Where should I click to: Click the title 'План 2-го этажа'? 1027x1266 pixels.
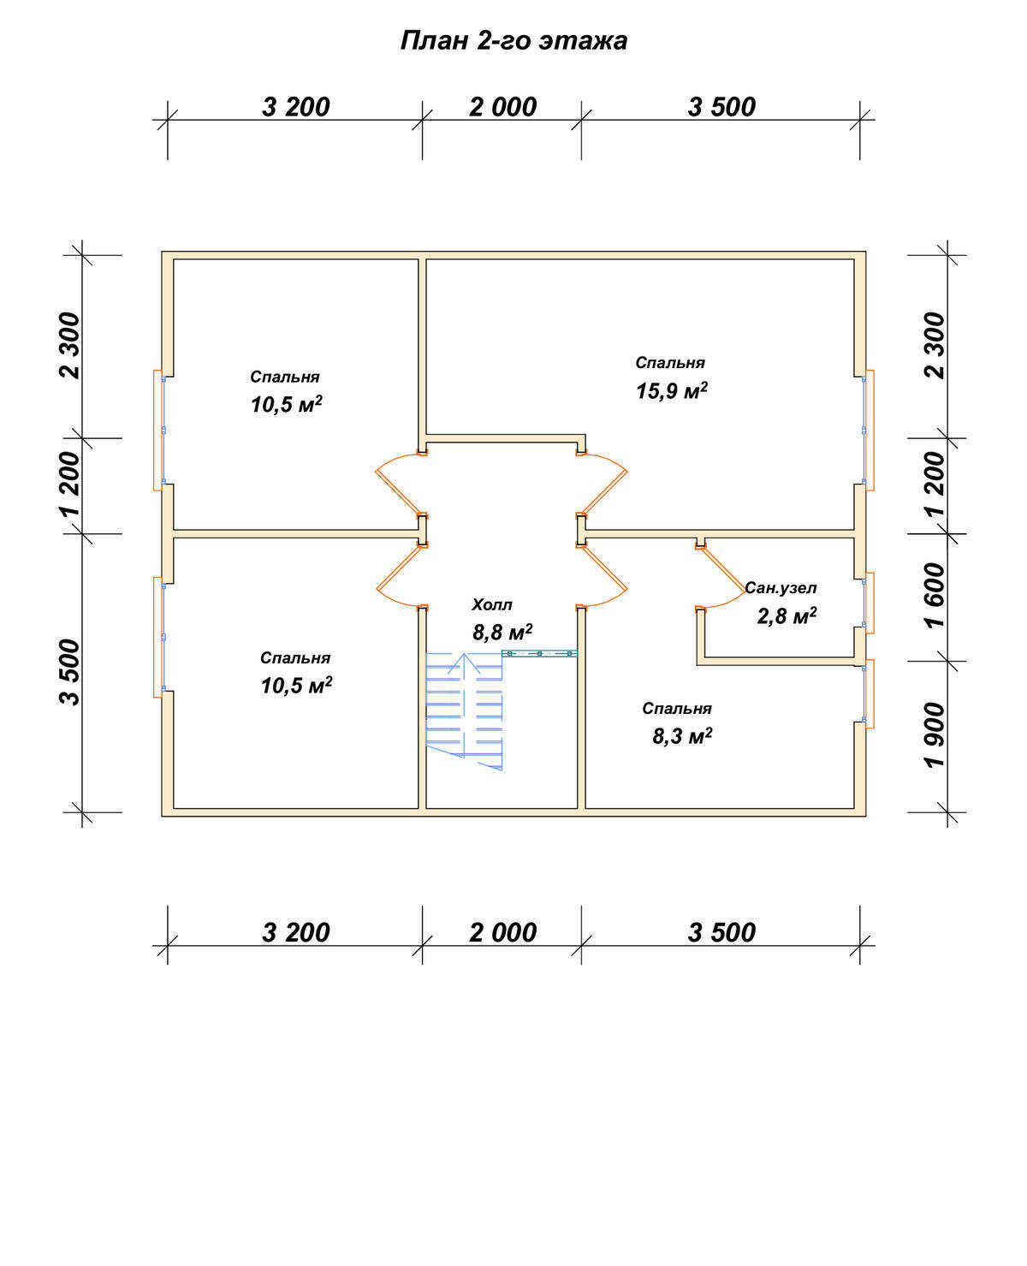513,41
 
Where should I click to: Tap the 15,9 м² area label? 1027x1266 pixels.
672,390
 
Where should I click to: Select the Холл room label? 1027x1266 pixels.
491,605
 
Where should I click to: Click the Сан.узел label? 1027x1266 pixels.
781,588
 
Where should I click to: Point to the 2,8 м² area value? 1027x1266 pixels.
787,615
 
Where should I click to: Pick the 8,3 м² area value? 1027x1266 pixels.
682,736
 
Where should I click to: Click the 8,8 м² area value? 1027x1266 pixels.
502,633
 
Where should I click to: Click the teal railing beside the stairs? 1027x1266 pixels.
540,654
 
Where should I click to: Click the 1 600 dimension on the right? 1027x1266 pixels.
935,596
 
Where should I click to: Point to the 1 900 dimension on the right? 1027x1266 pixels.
935,736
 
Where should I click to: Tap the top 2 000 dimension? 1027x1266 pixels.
503,108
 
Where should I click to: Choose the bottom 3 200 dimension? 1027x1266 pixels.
296,933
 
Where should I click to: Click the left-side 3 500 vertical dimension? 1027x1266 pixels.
69,672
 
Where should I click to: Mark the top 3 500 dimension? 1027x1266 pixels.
721,108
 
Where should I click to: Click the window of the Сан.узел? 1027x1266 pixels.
869,603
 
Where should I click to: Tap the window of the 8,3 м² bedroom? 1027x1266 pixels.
869,693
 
